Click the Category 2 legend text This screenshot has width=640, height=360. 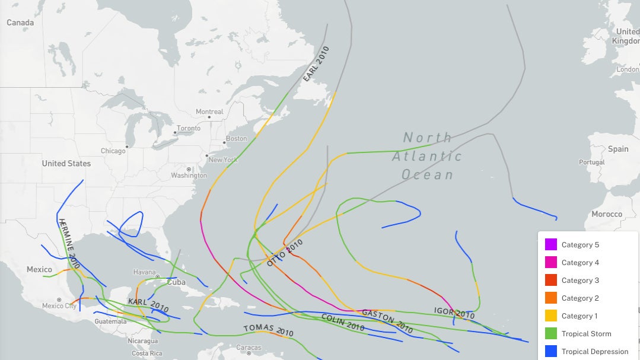580,298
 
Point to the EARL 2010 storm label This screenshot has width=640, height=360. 316,63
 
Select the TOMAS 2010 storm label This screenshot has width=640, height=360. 269,330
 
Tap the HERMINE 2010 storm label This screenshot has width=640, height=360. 69,243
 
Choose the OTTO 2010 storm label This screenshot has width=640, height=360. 285,253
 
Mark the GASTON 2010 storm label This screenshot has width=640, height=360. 387,320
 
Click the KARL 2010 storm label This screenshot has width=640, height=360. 148,305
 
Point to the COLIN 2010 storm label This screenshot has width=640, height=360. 342,322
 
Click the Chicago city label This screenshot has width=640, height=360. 113,151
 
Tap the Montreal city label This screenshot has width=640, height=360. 209,111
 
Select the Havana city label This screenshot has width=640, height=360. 144,272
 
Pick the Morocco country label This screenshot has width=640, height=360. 607,214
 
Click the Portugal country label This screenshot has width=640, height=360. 591,162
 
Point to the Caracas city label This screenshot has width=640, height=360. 249,348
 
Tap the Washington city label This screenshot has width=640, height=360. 189,175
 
